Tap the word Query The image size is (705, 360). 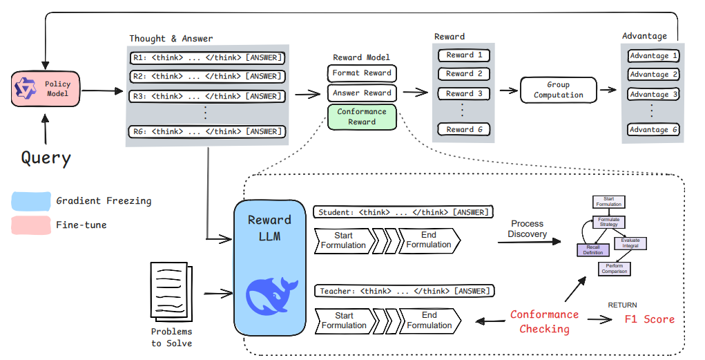(46, 158)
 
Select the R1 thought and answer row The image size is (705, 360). (206, 57)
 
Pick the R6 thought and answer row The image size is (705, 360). (206, 131)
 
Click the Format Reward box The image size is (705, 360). (362, 73)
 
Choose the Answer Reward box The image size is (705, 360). (362, 93)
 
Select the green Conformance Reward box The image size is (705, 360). (362, 116)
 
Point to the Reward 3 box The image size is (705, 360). (464, 93)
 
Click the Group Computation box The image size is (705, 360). (559, 90)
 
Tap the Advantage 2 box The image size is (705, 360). (653, 75)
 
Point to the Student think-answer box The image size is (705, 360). (404, 211)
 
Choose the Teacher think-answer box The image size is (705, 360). (404, 292)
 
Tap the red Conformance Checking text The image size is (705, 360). (545, 321)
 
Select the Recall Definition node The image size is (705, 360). (592, 249)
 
